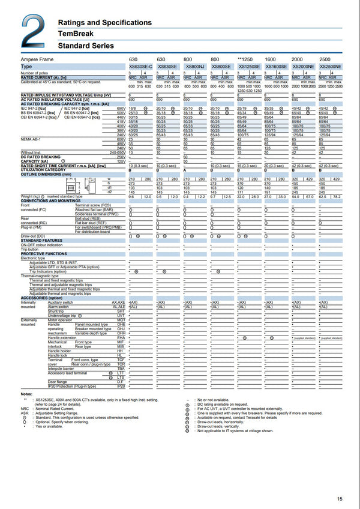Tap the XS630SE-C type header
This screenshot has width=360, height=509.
(x=140, y=66)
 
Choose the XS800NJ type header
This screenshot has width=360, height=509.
(x=194, y=66)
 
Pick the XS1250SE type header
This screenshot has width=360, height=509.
(x=249, y=66)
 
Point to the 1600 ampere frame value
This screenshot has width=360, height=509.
(x=270, y=60)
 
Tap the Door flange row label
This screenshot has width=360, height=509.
(x=58, y=381)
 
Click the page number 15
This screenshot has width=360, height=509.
(x=340, y=499)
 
